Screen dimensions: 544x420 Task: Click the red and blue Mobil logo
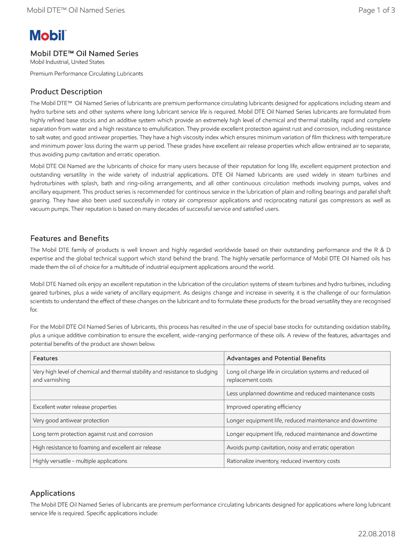[48, 35]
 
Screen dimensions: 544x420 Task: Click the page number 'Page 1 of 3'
[377, 10]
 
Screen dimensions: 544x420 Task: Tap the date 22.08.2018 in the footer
[377, 534]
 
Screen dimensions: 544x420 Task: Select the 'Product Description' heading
[66, 92]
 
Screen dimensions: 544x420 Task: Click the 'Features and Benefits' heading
[70, 238]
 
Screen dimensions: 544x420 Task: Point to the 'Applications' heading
[53, 493]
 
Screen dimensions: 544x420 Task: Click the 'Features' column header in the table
[45, 358]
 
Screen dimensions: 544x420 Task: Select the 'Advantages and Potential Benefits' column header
[276, 358]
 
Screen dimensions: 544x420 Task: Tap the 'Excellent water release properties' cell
[75, 407]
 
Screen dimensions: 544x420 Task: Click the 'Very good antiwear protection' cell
[71, 420]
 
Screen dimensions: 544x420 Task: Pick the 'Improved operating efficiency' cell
[264, 407]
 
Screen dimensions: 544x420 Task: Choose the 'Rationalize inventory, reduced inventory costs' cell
[283, 461]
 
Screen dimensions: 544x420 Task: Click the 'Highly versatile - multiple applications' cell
[80, 461]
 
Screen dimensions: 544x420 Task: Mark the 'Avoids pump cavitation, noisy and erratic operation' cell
[291, 447]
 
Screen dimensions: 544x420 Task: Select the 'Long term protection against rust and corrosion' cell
[93, 434]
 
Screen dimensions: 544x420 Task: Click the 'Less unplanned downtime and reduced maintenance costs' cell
[300, 393]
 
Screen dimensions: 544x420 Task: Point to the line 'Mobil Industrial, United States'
[67, 62]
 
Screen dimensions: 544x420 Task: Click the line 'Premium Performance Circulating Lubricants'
[87, 74]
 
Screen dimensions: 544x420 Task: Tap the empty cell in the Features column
[127, 393]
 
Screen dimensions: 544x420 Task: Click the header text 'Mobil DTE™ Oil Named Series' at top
[76, 10]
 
